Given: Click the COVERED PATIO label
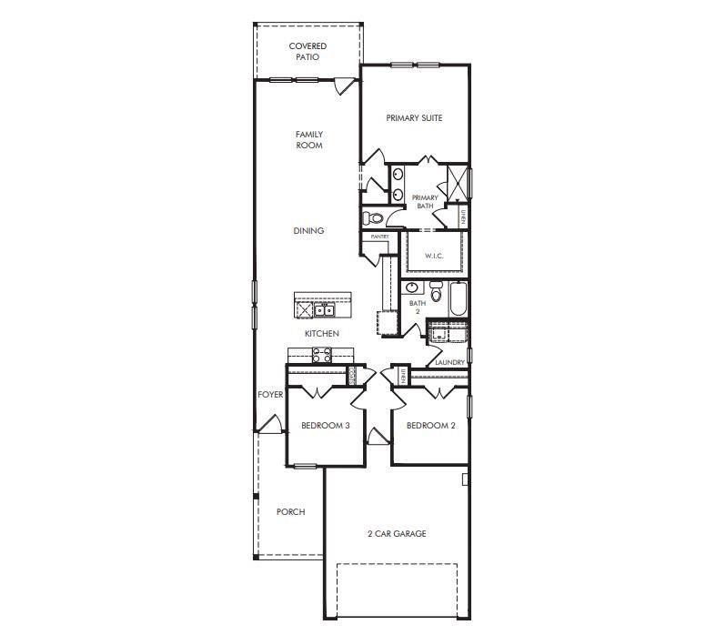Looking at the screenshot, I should click(x=308, y=52).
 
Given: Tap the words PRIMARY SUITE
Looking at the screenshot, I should click(x=414, y=118).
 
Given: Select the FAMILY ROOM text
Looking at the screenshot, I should click(x=309, y=140).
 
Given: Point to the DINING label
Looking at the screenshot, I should click(x=308, y=231).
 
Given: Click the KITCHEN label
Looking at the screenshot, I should click(x=321, y=334).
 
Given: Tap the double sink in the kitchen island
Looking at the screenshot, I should click(x=323, y=310).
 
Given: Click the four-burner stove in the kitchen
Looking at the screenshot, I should click(x=322, y=356).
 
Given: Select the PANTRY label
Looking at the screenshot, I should click(x=379, y=237).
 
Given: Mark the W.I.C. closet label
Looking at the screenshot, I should click(x=433, y=256).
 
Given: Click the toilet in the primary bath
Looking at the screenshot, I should click(x=373, y=218).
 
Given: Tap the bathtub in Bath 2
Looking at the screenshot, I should click(x=457, y=299).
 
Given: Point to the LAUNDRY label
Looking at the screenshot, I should click(x=449, y=362).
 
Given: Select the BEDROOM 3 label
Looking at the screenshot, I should click(x=326, y=426).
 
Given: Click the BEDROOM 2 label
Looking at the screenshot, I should click(x=430, y=426).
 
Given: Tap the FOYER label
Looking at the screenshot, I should click(x=270, y=395).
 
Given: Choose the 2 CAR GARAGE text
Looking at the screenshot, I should click(x=396, y=534).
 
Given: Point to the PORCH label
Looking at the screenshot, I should click(x=290, y=512).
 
